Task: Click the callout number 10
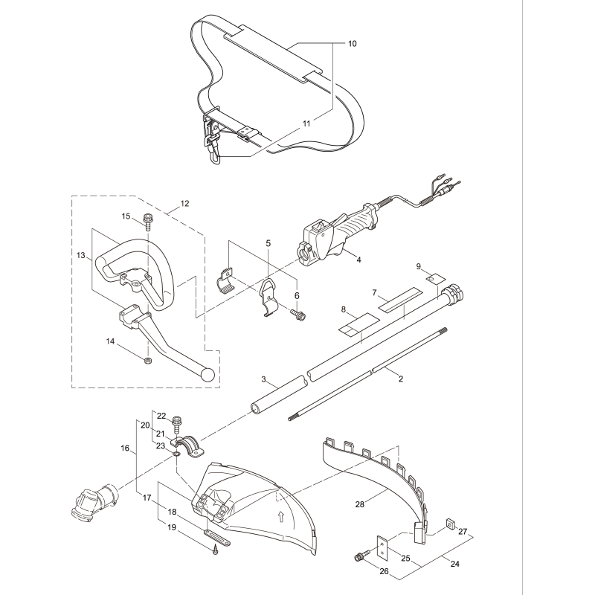(x=352, y=44)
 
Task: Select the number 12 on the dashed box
(x=184, y=203)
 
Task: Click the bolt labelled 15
(x=147, y=220)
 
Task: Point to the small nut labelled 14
(x=147, y=361)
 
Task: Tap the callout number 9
(x=418, y=266)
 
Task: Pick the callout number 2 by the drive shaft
(x=401, y=379)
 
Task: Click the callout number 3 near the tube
(x=263, y=379)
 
